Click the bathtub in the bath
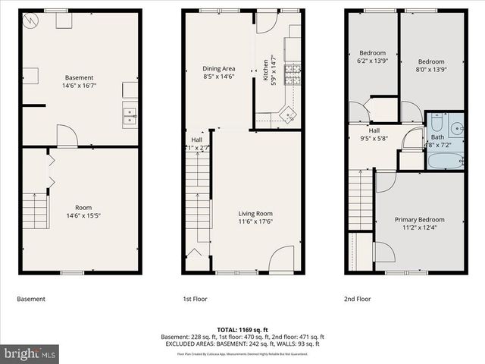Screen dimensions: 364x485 coord(445,161)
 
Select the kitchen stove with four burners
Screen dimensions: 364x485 coord(293,73)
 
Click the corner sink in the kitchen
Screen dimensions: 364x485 coord(288,115)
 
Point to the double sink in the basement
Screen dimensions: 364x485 coord(130,116)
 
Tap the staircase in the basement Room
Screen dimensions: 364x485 coord(35,210)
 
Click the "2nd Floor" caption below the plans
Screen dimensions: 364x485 coord(358,299)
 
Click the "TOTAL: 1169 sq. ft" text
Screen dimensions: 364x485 coord(242,329)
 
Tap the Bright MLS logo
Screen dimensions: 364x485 coord(30,353)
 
